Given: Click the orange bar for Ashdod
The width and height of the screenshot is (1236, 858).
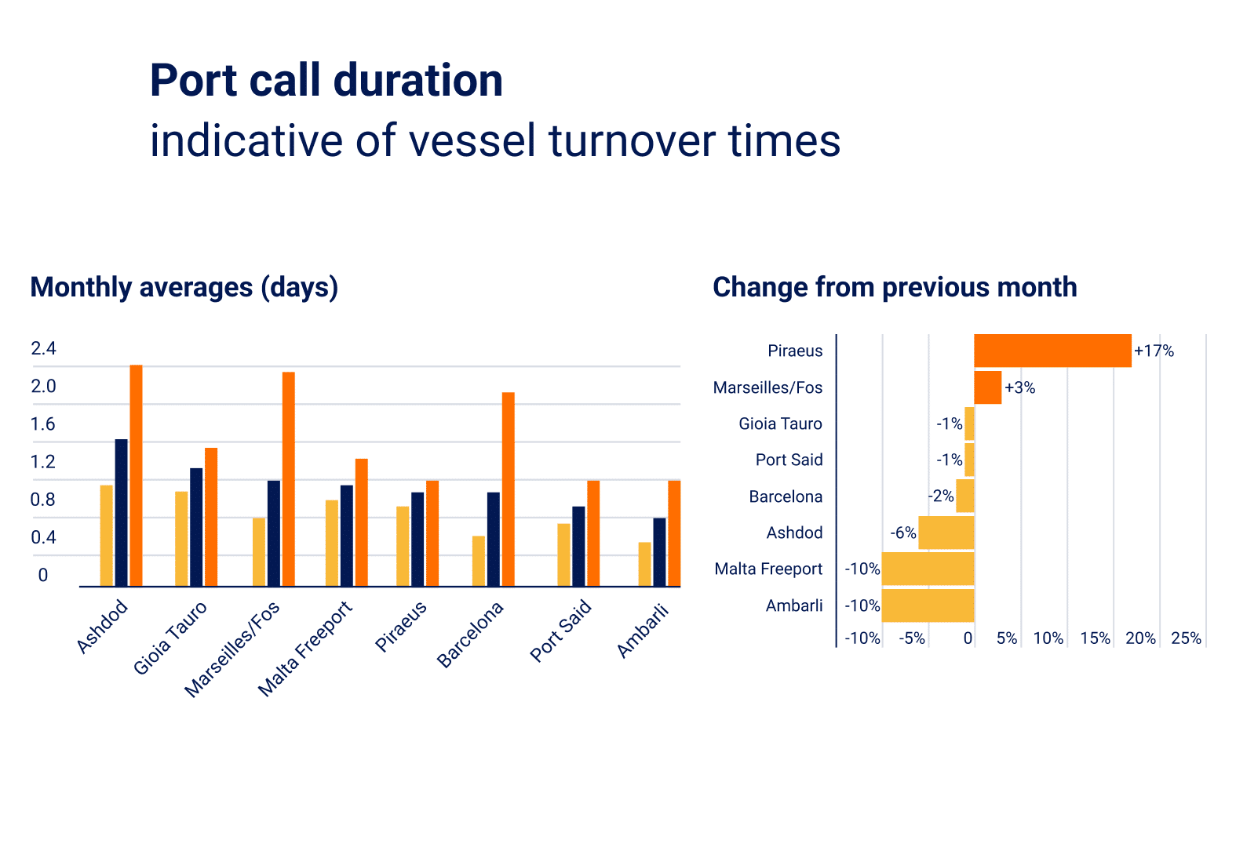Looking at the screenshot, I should pos(136,475).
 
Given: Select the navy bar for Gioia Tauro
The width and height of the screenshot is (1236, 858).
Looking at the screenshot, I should pos(196,527).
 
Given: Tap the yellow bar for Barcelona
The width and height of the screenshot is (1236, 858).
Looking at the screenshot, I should pos(479,561).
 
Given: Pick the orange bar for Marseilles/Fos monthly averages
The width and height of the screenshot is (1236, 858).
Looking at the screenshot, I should pos(288,478).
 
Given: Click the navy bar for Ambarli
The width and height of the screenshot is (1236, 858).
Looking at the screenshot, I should pos(659,552).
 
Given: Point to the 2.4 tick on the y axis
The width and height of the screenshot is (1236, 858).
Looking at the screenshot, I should pos(43,348).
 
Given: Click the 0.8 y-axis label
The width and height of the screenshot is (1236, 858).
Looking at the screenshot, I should pos(43,500).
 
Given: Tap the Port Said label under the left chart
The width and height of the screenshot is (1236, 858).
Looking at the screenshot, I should pos(560,632).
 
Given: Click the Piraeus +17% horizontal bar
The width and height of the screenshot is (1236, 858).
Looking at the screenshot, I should pos(1052,351).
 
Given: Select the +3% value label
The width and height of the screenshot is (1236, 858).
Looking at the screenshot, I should pos(1020,387).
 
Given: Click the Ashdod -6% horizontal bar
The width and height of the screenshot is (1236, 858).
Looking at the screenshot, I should pos(946,533).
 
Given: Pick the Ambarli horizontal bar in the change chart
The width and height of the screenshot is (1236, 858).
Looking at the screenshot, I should pos(928,605).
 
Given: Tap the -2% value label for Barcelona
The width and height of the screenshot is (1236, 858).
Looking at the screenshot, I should pos(941,496).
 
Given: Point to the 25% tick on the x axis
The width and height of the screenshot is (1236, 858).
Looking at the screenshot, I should pos(1186,638).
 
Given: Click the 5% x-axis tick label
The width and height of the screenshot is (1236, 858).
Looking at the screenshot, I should pos(1007,638).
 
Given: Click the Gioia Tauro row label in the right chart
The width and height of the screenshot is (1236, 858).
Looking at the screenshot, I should pos(780,424).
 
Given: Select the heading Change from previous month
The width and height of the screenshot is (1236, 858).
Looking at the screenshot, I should pos(895,287).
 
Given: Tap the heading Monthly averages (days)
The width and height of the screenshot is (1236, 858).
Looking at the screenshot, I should pos(184,287).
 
